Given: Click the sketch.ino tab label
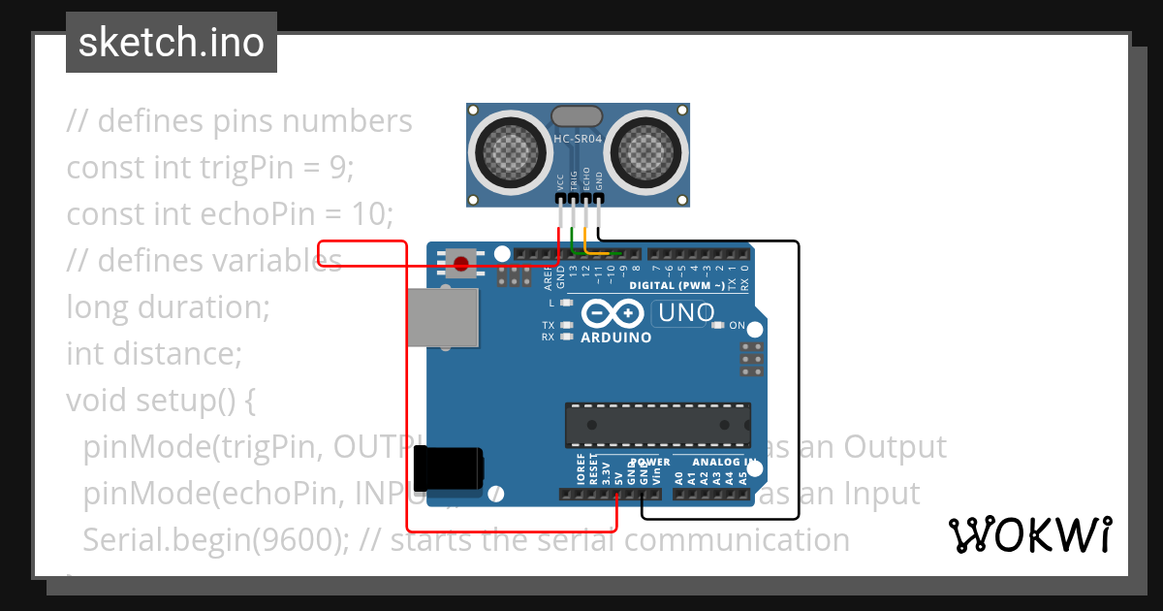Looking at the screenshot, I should click(x=171, y=43).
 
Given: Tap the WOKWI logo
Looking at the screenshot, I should click(x=1029, y=534).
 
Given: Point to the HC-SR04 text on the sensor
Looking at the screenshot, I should click(x=579, y=139).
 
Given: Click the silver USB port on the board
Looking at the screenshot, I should click(x=443, y=318).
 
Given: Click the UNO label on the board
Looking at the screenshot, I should click(x=686, y=313).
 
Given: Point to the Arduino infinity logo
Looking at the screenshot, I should click(x=613, y=313).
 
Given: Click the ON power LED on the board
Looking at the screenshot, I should click(x=717, y=326).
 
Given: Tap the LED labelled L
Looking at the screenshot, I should click(x=567, y=304).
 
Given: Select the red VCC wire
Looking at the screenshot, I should click(x=407, y=388).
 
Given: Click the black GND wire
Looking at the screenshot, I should click(x=798, y=388).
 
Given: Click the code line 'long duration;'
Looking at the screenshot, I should click(x=168, y=307).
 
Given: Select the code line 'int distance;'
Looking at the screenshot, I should click(x=153, y=354).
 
